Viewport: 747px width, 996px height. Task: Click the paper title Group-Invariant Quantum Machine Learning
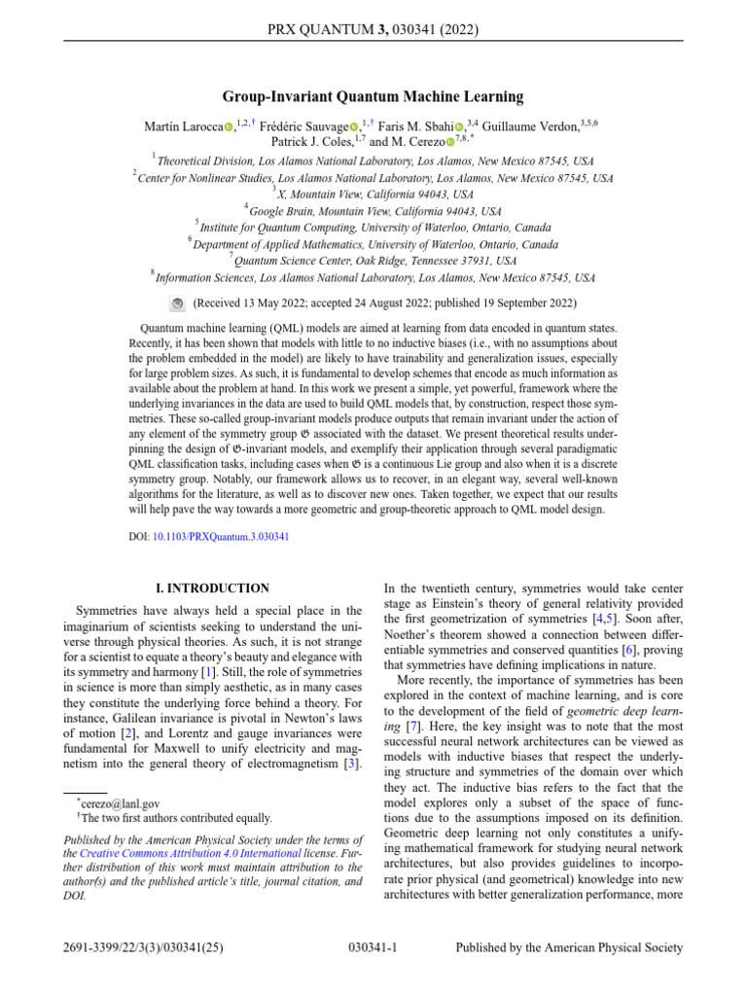click(373, 96)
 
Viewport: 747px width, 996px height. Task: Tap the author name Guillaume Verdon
click(524, 125)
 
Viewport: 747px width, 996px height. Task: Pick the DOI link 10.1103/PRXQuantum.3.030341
click(221, 536)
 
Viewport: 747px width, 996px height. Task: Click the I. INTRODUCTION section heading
click(213, 588)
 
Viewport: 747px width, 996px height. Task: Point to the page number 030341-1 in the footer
click(373, 947)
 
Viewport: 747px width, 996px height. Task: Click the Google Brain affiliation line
click(374, 210)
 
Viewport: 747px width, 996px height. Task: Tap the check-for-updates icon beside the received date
click(177, 303)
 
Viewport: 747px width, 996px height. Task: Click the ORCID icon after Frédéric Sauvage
click(354, 126)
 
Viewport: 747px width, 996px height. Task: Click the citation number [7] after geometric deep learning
click(413, 699)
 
